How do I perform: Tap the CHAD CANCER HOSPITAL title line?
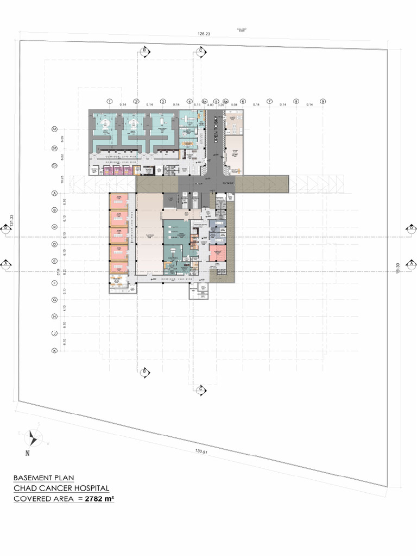coord(61,488)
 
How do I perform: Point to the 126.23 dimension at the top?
coord(204,34)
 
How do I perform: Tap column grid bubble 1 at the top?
coord(109,101)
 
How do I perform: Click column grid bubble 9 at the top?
coord(323,101)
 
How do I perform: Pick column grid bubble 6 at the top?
coord(243,101)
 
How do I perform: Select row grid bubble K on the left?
coord(54,351)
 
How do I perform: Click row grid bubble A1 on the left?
coord(54,129)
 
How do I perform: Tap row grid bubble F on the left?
coord(54,283)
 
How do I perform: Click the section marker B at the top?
coord(144,51)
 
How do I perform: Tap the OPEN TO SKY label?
coord(216,130)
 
